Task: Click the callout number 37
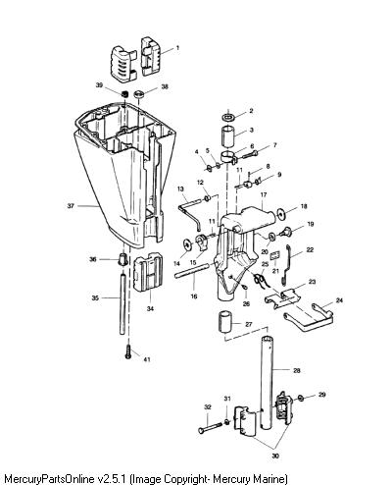71,206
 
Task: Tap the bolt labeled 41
128,351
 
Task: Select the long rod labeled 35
122,304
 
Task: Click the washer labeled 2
228,117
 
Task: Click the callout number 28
297,370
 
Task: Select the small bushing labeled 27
224,322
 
